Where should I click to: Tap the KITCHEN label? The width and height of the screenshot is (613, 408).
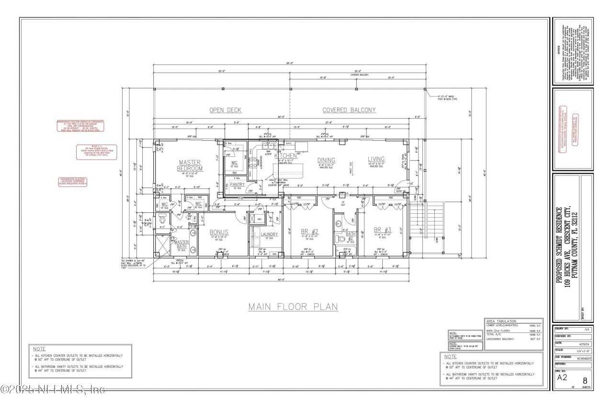(286, 155)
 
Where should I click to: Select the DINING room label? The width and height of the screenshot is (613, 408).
(326, 160)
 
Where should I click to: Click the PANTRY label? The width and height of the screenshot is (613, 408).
(237, 184)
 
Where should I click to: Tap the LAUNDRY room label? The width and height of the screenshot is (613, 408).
(269, 234)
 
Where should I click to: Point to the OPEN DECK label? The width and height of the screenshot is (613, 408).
(225, 110)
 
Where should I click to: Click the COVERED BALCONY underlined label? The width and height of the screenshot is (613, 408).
(349, 110)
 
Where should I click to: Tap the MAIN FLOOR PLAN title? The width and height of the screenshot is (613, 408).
(293, 307)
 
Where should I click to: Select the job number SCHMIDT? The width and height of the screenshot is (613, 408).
(583, 357)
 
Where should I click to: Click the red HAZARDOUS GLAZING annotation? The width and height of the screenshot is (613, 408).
(73, 181)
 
